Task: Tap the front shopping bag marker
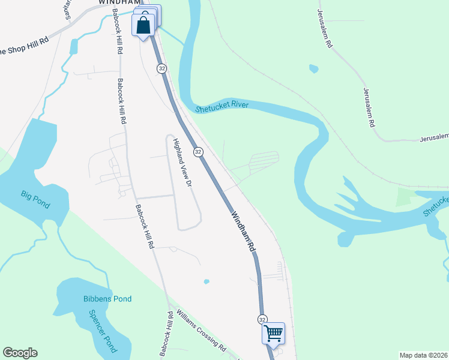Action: point(143,26)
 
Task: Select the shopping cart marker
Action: point(273,332)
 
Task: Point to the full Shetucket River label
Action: point(221,106)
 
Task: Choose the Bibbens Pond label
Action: point(107,299)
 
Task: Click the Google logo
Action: point(20,353)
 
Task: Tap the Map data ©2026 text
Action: point(424,355)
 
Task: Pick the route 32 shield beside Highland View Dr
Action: point(198,152)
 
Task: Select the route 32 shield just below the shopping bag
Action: point(162,69)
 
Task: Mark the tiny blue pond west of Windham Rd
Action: point(206,281)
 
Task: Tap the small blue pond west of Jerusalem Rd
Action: point(313,69)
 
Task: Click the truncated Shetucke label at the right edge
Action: point(436,205)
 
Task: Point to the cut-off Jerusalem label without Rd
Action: point(433,139)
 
